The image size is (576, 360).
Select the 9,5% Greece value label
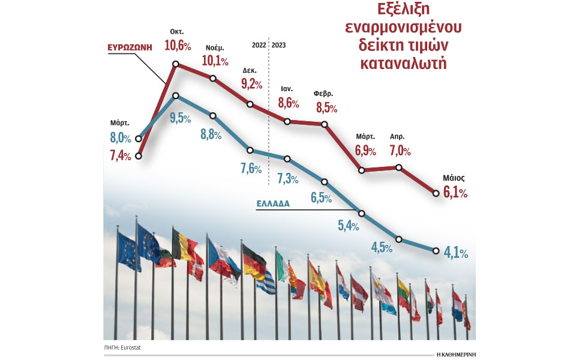click(x=181, y=118)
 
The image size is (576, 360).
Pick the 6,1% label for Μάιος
click(x=455, y=193)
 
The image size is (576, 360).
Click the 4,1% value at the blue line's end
click(x=455, y=253)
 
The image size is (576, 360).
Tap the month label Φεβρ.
click(x=323, y=94)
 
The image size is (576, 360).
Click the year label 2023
click(x=280, y=44)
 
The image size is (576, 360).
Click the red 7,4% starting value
click(x=121, y=156)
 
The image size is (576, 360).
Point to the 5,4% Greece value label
click(x=347, y=226)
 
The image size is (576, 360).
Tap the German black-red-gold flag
click(x=254, y=262)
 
